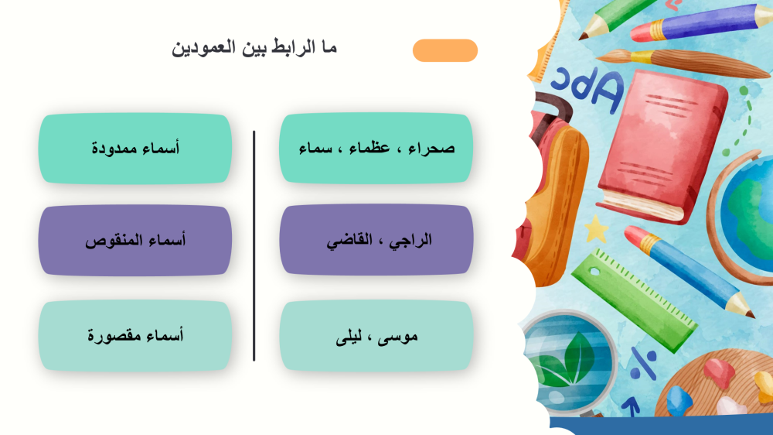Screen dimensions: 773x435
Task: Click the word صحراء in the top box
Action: [431, 148]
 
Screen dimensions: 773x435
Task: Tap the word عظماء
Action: [369, 148]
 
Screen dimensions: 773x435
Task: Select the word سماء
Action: [315, 148]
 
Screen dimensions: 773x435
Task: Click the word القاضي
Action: [349, 241]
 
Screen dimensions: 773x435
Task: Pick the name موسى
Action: [397, 337]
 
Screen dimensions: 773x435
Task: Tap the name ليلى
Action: [349, 337]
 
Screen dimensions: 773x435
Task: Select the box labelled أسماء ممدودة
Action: [135, 149]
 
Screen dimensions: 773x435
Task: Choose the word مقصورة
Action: [111, 336]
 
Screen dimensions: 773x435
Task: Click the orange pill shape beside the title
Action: [445, 50]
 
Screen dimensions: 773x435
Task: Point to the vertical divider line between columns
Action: [254, 246]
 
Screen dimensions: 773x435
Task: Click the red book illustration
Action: [663, 146]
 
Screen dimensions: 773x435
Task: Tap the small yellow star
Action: [597, 229]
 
